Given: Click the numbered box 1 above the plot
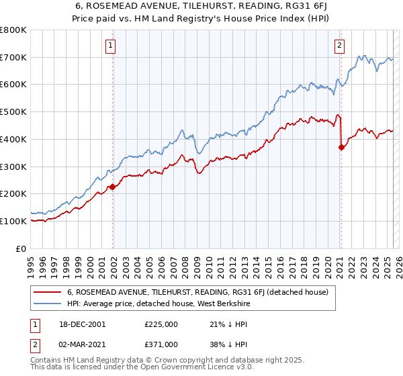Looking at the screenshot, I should point(110,46).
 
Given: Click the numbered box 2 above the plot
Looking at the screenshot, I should point(340,46).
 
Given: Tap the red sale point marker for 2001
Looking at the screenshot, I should point(112,187).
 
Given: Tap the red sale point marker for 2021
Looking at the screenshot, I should point(341,148).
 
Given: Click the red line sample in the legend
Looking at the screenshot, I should point(48,292).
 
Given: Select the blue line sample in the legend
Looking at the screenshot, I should point(48,304).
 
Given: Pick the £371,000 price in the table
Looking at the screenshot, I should point(161,344).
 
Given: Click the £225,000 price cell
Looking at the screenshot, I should point(161,324).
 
